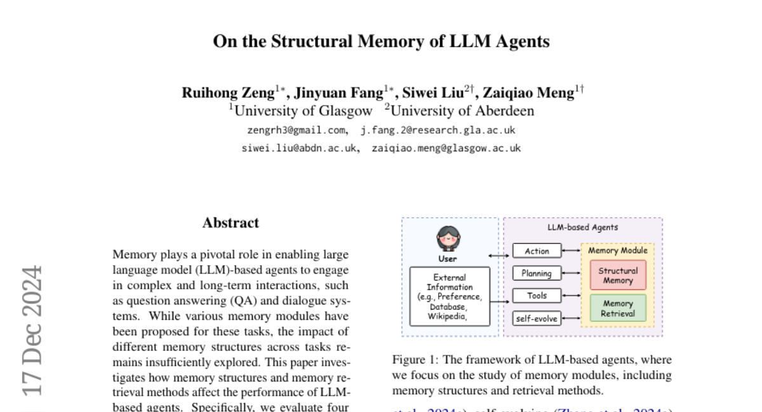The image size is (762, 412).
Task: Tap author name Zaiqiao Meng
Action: pyautogui.click(x=528, y=93)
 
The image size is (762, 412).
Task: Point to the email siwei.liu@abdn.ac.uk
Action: pyautogui.click(x=299, y=148)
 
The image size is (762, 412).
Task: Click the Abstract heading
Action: pyautogui.click(x=231, y=223)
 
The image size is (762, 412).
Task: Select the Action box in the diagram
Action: pyautogui.click(x=537, y=251)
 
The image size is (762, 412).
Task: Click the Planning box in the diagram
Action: pyautogui.click(x=537, y=273)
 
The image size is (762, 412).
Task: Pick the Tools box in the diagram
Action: pyautogui.click(x=537, y=296)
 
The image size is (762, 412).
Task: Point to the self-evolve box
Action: pyautogui.click(x=537, y=317)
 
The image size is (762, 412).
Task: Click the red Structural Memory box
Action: pyautogui.click(x=618, y=275)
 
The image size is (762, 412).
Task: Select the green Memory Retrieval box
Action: pyautogui.click(x=618, y=308)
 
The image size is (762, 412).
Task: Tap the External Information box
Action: pyautogui.click(x=450, y=296)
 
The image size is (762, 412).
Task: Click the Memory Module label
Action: pyautogui.click(x=618, y=251)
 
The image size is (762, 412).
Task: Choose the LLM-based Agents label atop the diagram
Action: pyautogui.click(x=582, y=227)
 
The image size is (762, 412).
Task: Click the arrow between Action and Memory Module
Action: pyautogui.click(x=571, y=251)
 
